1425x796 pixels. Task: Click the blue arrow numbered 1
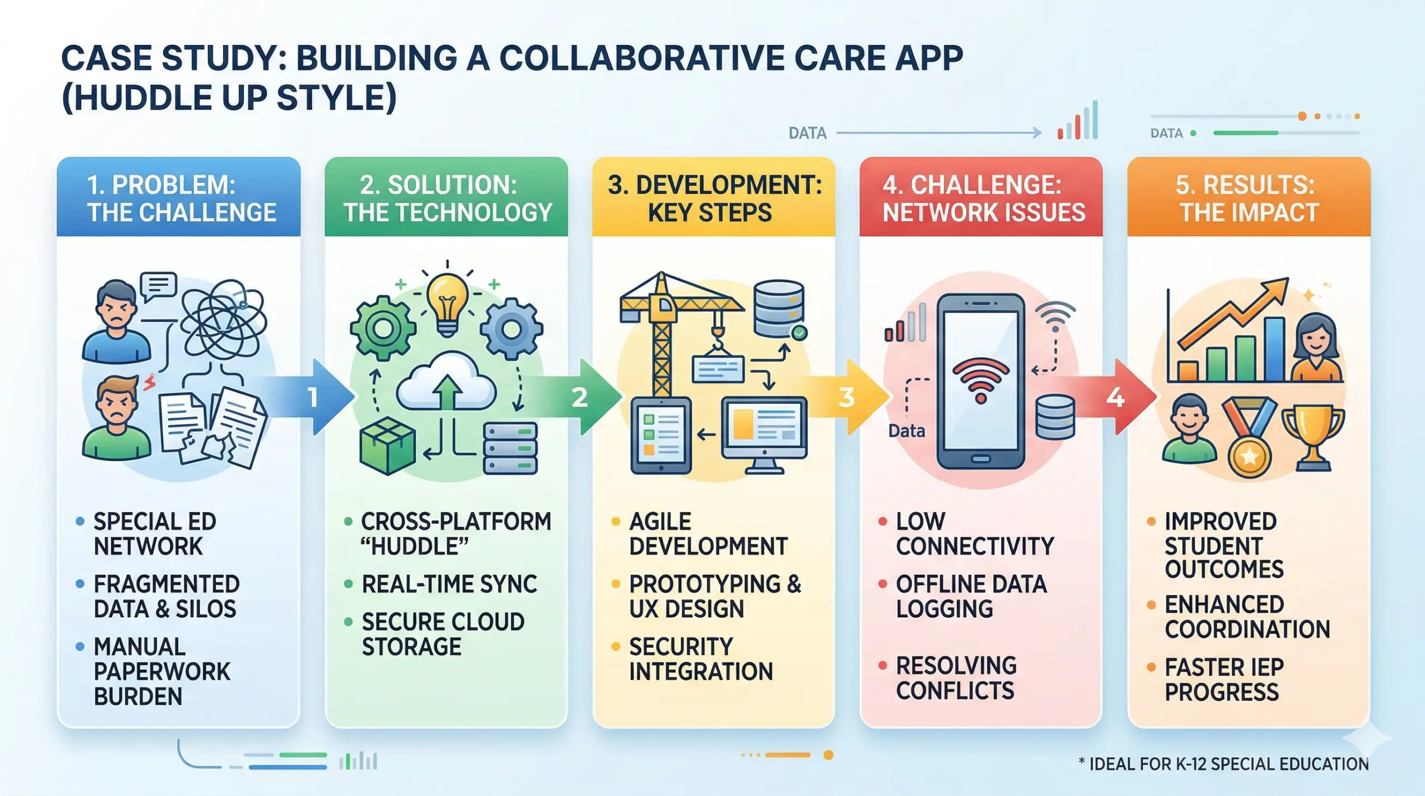point(323,397)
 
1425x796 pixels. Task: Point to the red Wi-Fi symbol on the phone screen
point(981,379)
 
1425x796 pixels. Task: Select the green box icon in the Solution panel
point(387,446)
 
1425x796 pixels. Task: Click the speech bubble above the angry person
point(159,285)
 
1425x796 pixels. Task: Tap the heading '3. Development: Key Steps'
point(714,198)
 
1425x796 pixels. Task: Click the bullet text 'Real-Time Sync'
point(449,584)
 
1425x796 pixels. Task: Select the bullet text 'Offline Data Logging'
point(971,596)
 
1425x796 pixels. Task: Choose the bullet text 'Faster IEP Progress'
point(1223,680)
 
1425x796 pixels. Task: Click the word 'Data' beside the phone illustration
point(906,431)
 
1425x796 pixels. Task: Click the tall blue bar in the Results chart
point(1274,349)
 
